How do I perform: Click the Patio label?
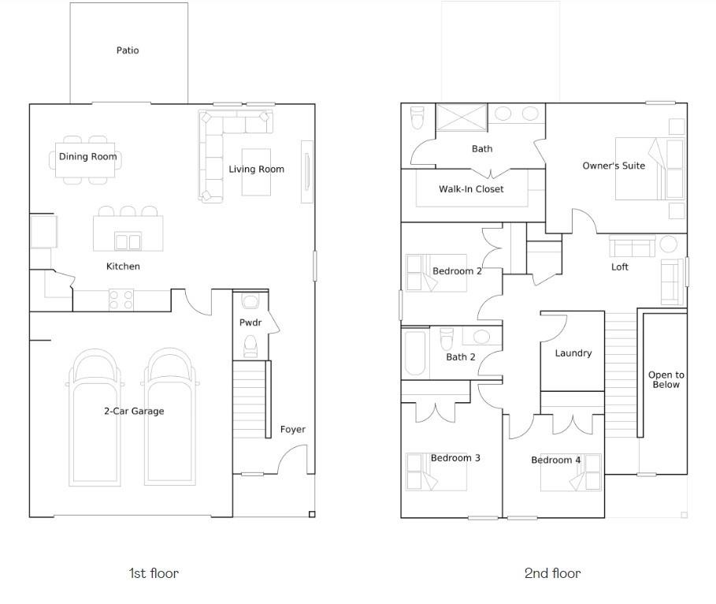(x=128, y=50)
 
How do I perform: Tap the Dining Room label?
(x=87, y=156)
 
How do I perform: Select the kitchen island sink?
(x=128, y=241)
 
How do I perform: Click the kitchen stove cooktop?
(x=121, y=300)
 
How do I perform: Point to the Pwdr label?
(x=250, y=323)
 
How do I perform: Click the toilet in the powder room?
(x=250, y=346)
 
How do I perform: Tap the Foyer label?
(x=293, y=429)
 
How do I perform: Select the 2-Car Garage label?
(x=134, y=411)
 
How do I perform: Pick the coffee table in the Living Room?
(x=256, y=172)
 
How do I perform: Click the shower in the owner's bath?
(x=462, y=117)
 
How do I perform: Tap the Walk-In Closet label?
(x=471, y=188)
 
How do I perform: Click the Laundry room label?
(x=573, y=353)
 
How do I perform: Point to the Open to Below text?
(x=666, y=379)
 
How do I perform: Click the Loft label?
(x=620, y=267)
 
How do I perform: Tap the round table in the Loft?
(x=669, y=244)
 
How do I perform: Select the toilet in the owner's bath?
(x=417, y=118)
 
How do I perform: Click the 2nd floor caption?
(x=552, y=573)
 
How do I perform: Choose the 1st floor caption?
(x=154, y=573)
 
